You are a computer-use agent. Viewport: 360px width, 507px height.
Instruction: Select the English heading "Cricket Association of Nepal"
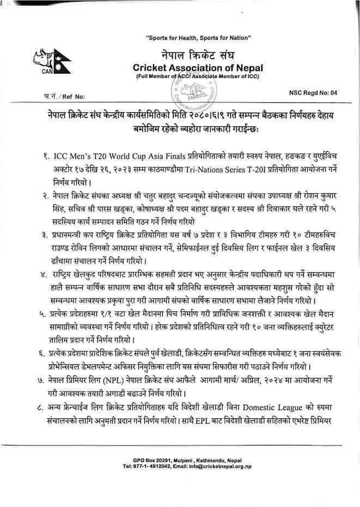[198, 68]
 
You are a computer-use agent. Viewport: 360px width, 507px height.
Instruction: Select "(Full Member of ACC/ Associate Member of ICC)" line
[198, 77]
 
